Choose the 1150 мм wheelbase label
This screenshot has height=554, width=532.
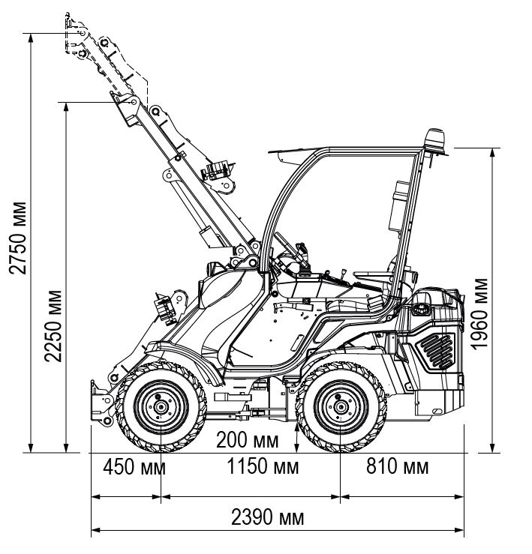coord(262,468)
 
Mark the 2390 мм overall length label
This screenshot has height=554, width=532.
coord(268,518)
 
